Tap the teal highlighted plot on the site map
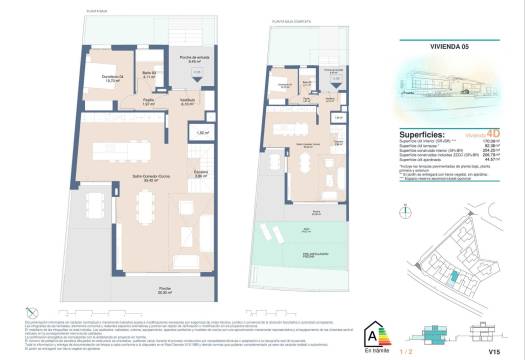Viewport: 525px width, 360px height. click(x=456, y=250)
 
